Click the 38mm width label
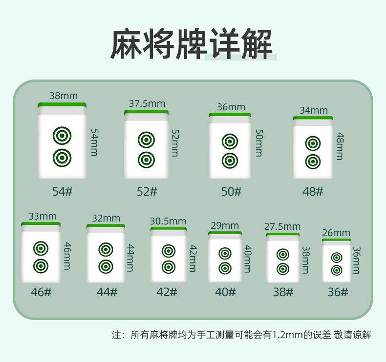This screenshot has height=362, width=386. pos(64,96)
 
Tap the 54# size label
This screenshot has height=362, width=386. pos(62,191)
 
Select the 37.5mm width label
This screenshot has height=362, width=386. pos(147,103)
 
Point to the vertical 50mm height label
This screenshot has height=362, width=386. pos(259,143)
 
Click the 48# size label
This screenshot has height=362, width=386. pos(313,191)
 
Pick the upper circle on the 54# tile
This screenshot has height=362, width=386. pos(62,136)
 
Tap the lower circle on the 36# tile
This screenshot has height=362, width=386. pos(337,270)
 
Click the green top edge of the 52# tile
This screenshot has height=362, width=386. pos(146,112)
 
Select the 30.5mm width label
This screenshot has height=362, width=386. pos(168,221)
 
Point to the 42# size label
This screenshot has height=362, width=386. pos(167,292)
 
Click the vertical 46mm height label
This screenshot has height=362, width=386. pos(67,256)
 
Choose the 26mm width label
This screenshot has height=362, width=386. pos(336,233)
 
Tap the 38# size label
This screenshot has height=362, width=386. pos(283,292)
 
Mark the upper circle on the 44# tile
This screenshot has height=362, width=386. pos(106,249)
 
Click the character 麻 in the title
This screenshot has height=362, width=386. pos(126,44)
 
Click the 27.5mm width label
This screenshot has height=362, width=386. pos(282,226)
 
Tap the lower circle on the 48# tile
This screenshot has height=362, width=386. pos(313,161)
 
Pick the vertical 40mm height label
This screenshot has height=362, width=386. pos(247,259)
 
